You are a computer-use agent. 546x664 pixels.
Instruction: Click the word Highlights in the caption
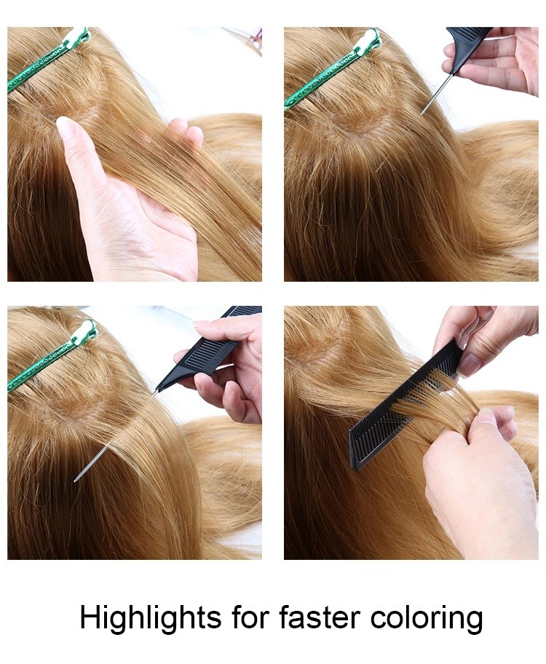[151, 619]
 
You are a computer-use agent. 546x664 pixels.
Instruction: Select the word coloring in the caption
[426, 619]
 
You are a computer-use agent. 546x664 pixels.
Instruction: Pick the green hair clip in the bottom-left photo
[49, 356]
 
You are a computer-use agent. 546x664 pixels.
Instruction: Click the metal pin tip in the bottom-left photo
[76, 480]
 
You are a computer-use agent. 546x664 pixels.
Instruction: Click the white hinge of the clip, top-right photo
[368, 39]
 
